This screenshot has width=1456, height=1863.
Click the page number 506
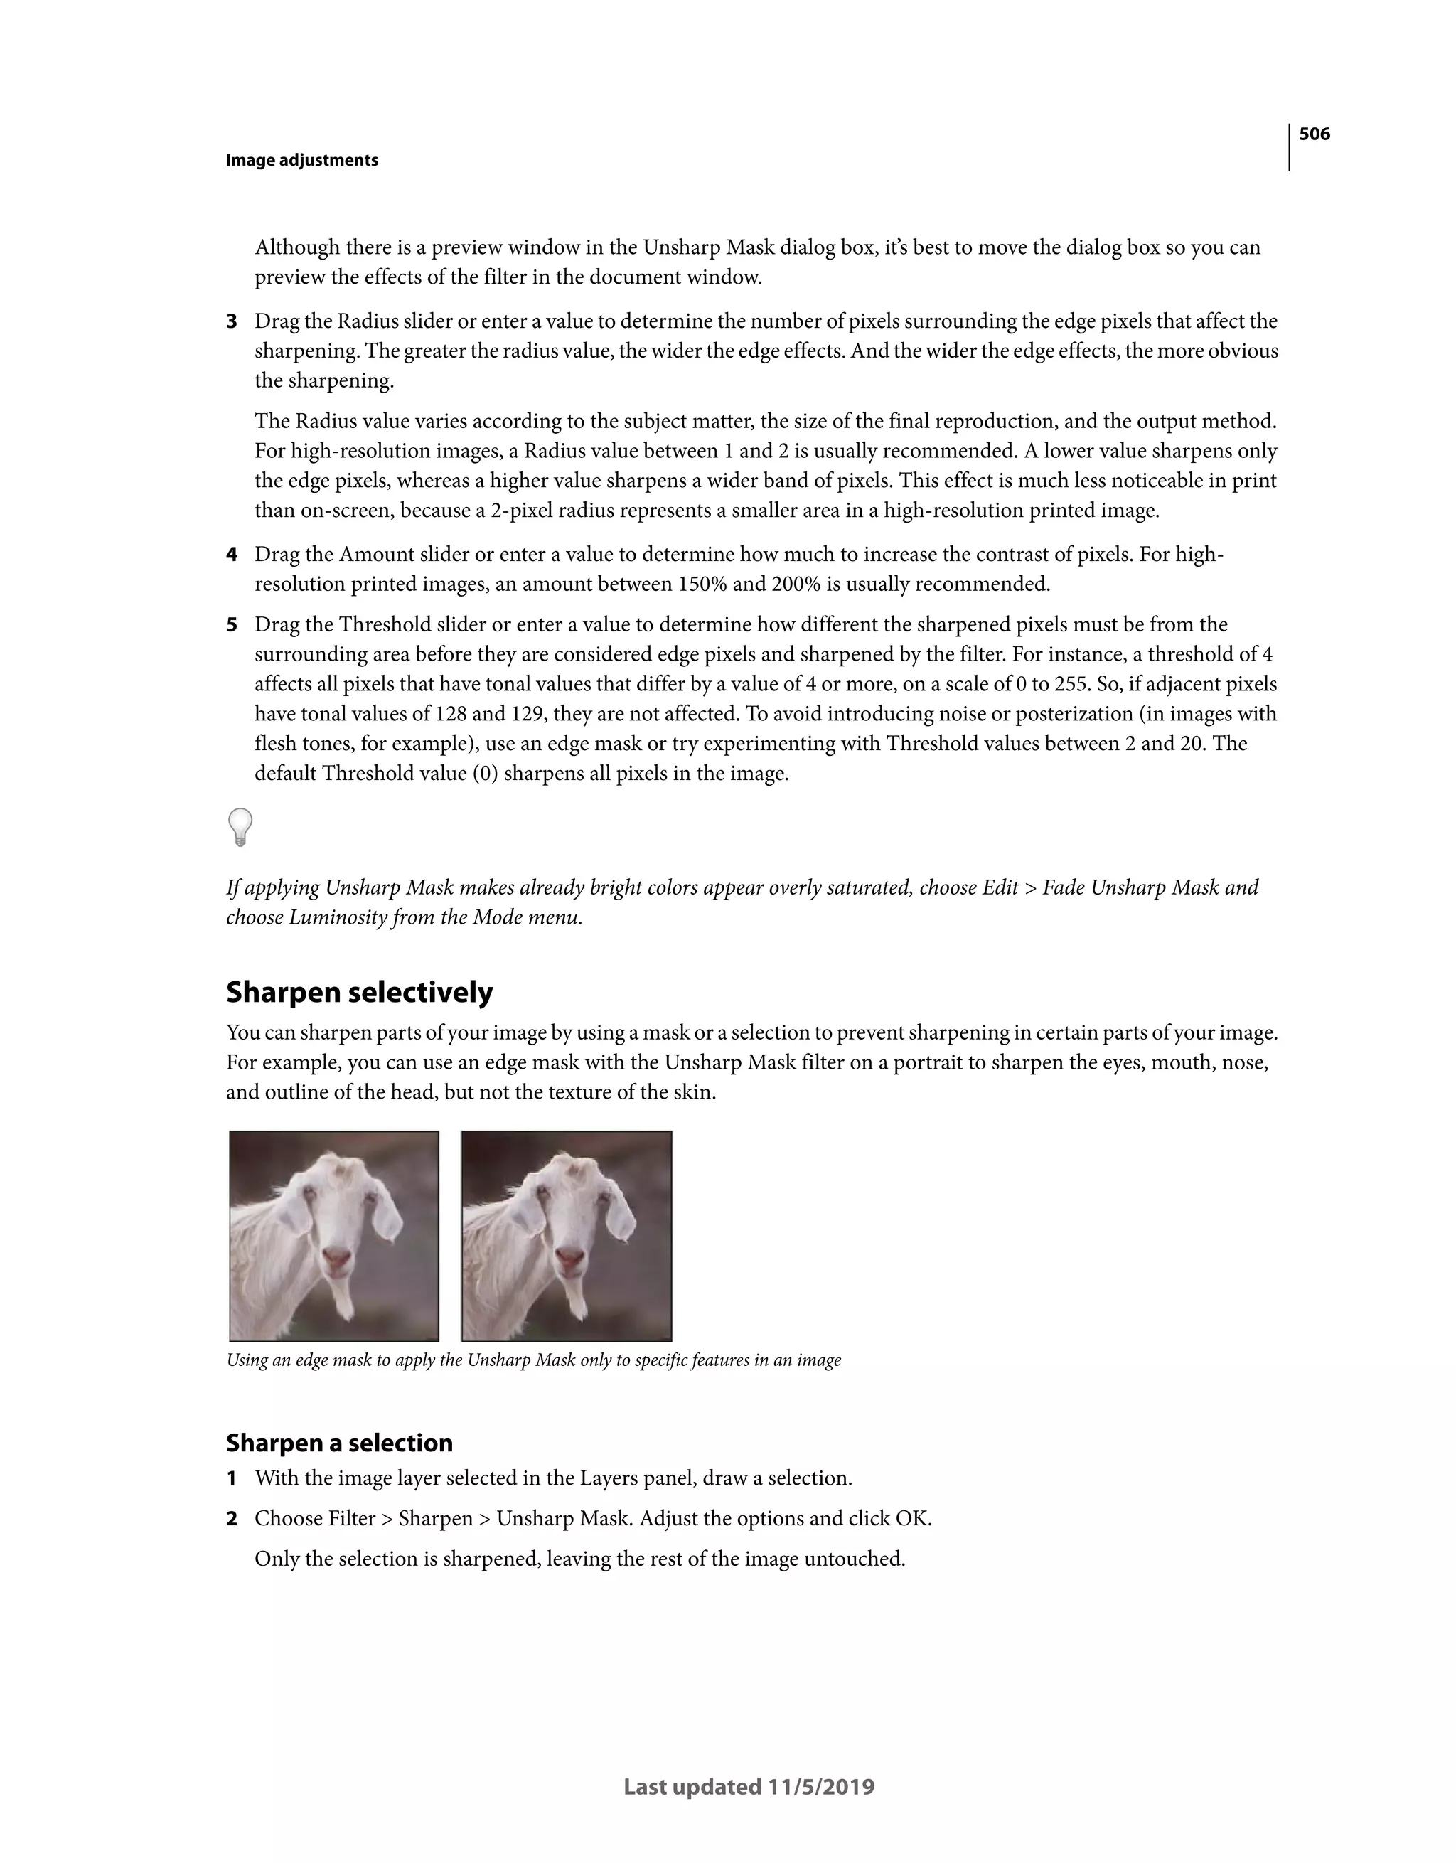pyautogui.click(x=1314, y=134)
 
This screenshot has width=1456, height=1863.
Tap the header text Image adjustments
pyautogui.click(x=301, y=161)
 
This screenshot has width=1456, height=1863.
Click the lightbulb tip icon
pyautogui.click(x=240, y=826)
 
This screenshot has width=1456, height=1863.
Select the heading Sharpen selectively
pyautogui.click(x=359, y=992)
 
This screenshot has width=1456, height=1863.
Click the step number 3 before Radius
pyautogui.click(x=231, y=321)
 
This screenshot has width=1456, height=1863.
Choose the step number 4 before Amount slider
pyautogui.click(x=231, y=555)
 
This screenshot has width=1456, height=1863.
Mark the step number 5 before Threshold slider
pyautogui.click(x=231, y=624)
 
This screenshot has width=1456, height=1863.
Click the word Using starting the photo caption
pyautogui.click(x=247, y=1360)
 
